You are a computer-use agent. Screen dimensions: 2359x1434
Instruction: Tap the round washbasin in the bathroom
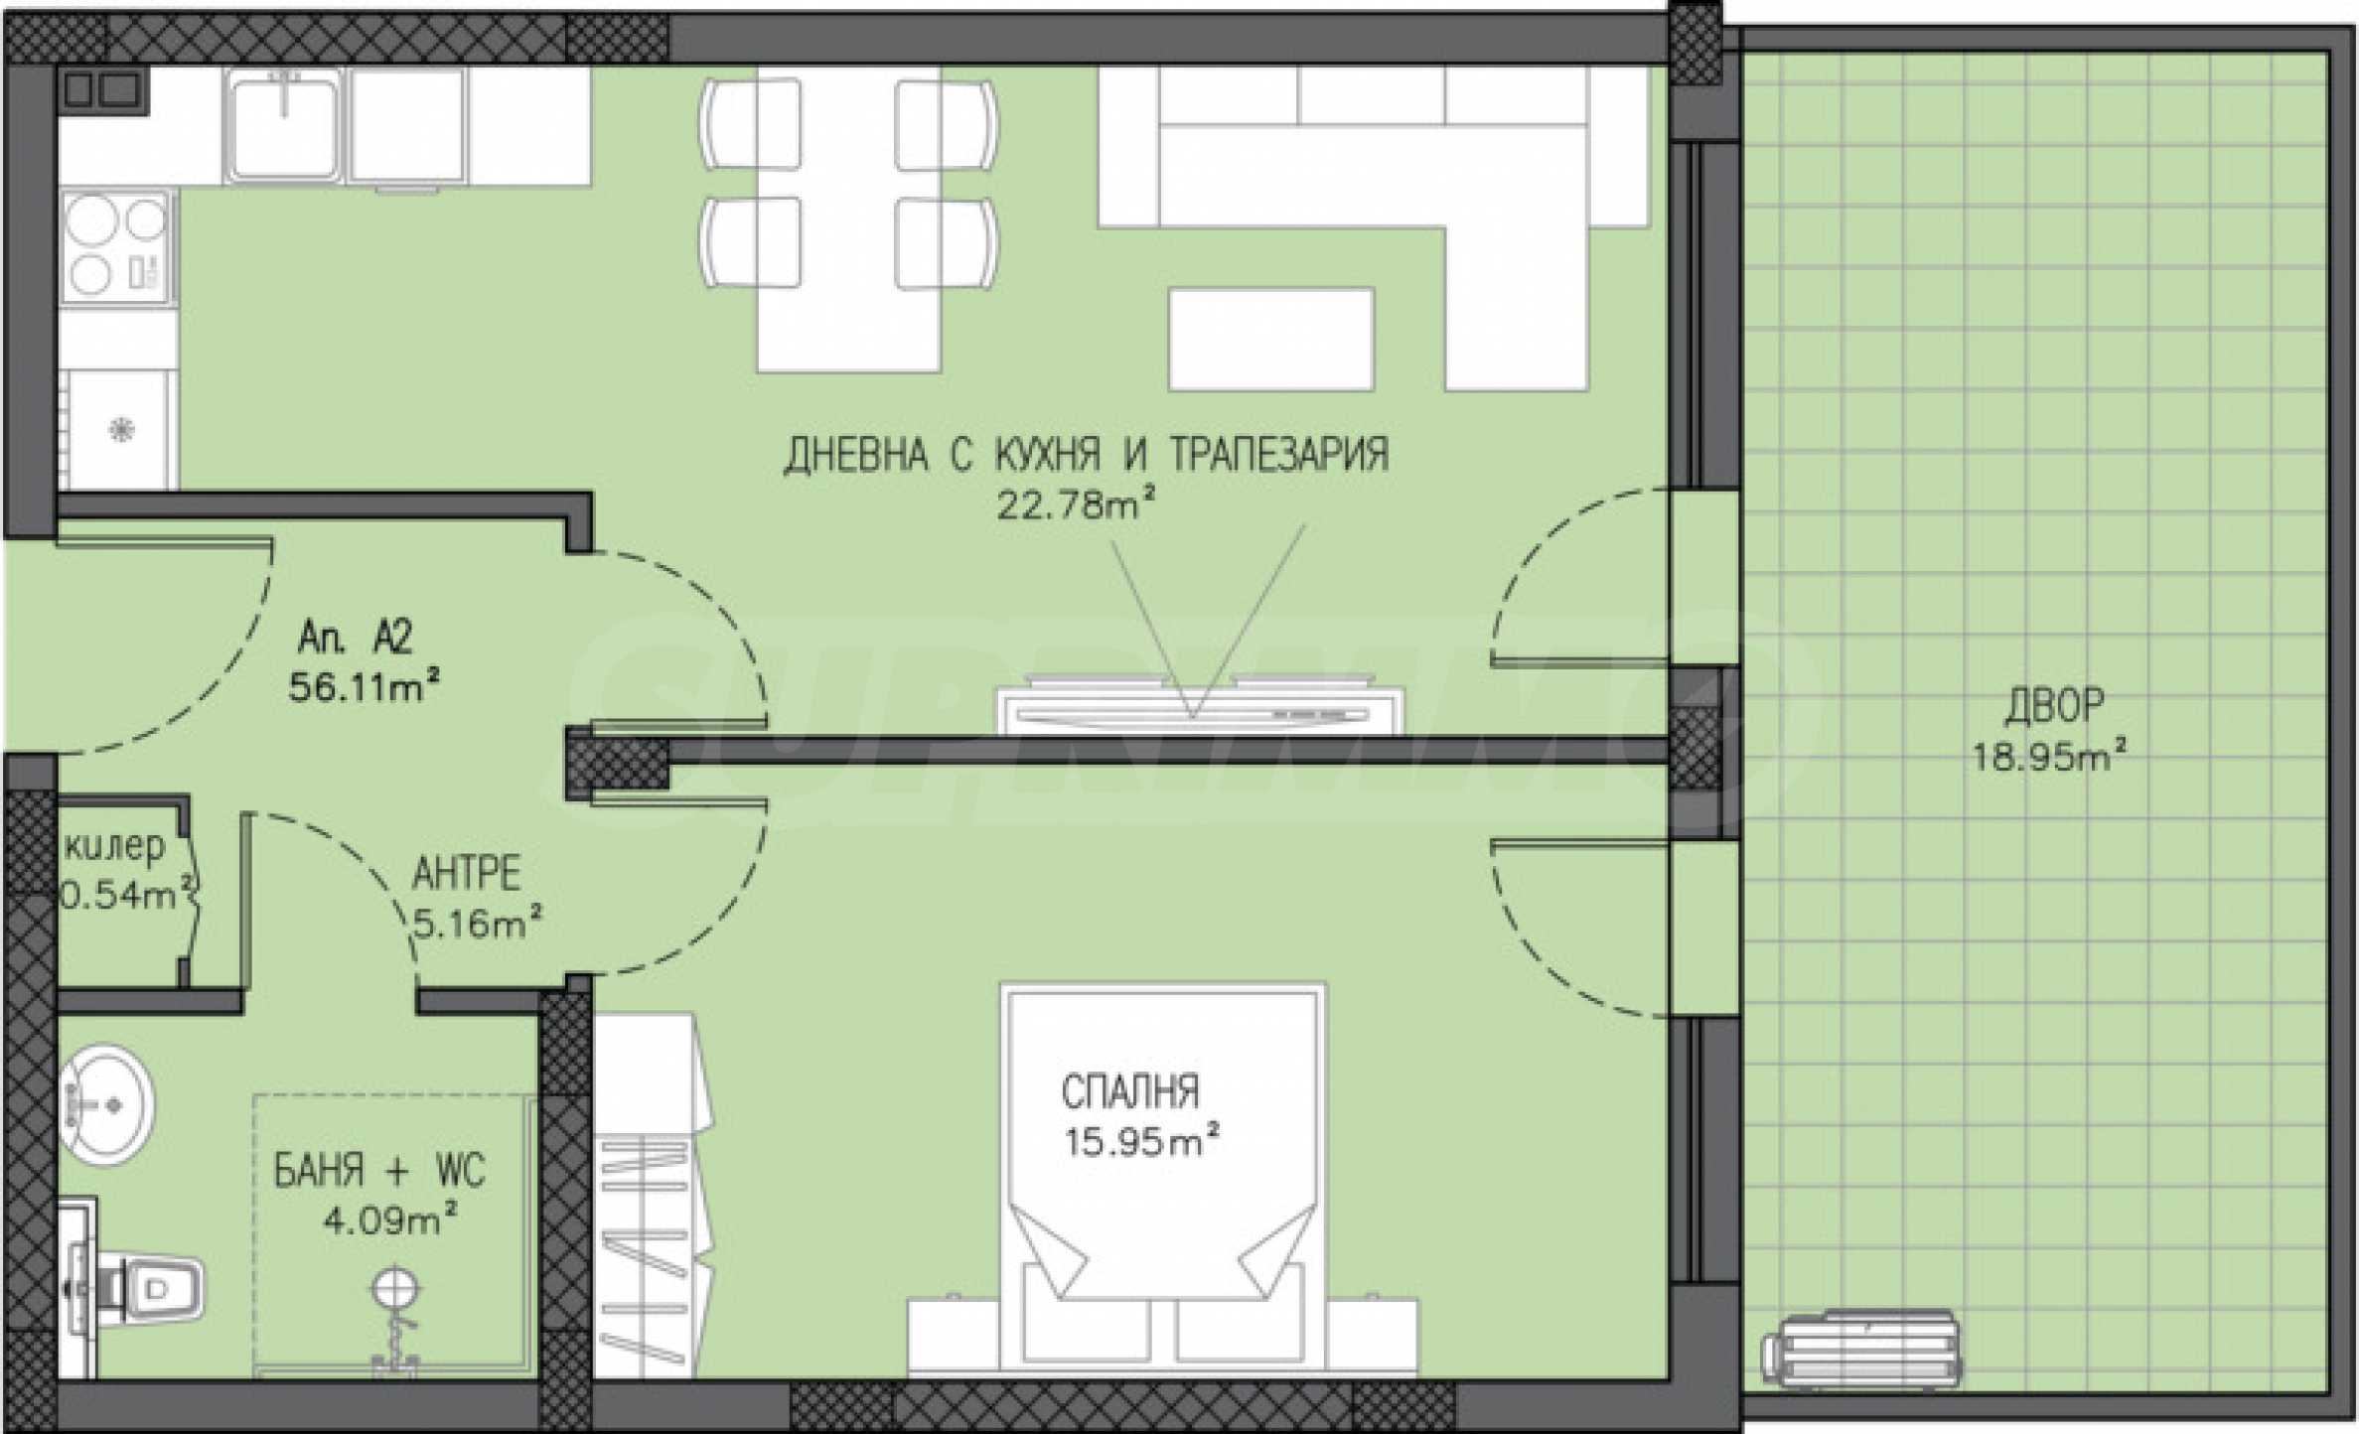pos(105,1103)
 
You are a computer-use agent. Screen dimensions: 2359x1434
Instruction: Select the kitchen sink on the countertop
pos(285,125)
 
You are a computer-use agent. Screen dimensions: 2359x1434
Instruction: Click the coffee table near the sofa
pos(1271,339)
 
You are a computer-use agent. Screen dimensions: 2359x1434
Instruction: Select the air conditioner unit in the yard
pos(1860,1349)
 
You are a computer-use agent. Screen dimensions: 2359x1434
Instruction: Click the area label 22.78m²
pos(1076,506)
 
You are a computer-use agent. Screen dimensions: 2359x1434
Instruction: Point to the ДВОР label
pos(2053,704)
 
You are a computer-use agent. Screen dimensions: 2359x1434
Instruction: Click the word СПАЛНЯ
pos(1130,1092)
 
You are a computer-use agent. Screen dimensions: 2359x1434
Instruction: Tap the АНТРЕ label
pos(466,874)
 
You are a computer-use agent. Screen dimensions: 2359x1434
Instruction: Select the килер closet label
pos(115,847)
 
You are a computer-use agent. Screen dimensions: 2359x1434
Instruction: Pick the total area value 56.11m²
pos(365,686)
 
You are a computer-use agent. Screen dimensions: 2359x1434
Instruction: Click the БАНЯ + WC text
pos(380,1172)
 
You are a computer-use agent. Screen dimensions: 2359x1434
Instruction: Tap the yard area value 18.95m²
pos(2049,758)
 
